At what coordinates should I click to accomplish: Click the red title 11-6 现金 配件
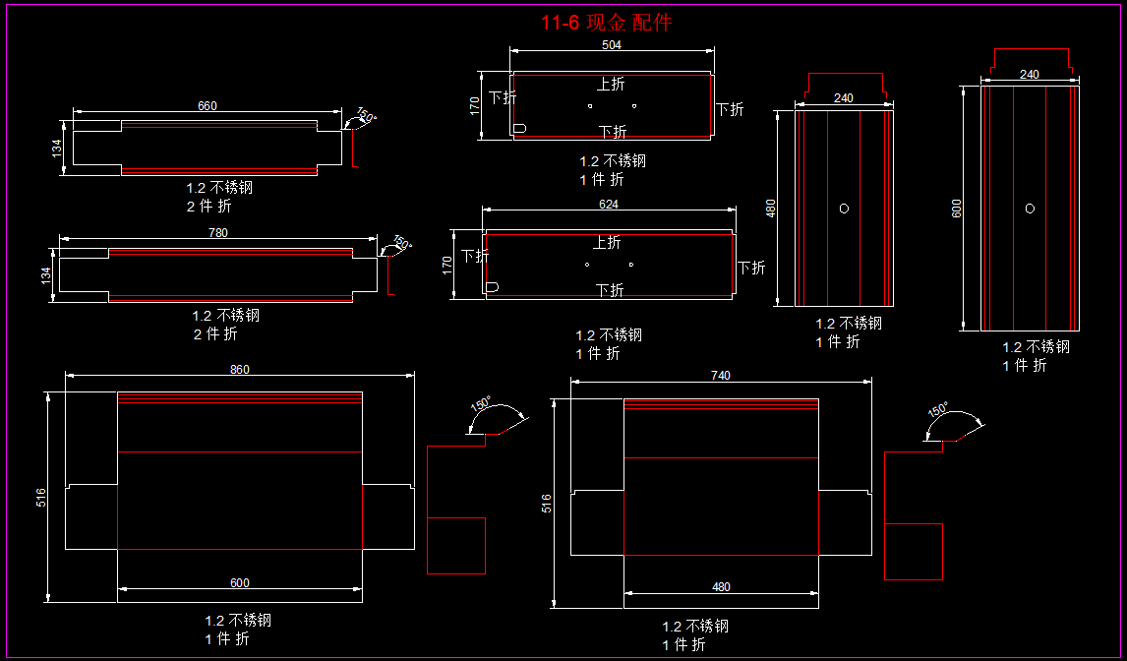coord(606,23)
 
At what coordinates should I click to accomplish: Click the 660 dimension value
coord(207,106)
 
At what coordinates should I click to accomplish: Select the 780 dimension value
coord(218,233)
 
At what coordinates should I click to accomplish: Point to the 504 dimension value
coord(611,45)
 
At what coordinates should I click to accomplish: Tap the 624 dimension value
coord(609,205)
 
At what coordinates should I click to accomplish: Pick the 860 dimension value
coord(240,370)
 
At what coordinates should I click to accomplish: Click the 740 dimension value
coord(721,376)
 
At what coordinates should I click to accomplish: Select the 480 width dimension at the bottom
coord(721,587)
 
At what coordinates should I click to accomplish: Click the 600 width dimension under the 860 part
coord(240,583)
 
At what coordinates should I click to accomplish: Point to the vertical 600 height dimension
coord(957,208)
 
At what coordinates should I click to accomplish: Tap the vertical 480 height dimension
coord(771,208)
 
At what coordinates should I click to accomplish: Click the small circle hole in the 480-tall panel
coord(844,208)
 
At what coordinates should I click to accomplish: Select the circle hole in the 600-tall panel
coord(1030,208)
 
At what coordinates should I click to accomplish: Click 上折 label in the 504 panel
coord(611,85)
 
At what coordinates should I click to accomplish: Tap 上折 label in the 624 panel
coord(607,242)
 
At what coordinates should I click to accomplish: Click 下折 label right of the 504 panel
coord(730,109)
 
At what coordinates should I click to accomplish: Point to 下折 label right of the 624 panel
coord(751,268)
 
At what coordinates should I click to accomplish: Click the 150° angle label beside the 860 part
coord(481,404)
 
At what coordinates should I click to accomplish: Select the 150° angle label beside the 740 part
coord(938,408)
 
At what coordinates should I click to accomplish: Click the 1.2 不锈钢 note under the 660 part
coord(219,187)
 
